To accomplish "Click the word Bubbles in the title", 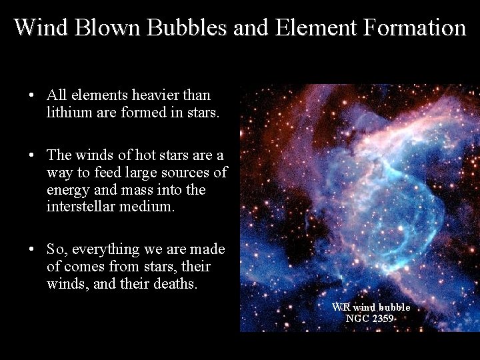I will [x=175, y=27].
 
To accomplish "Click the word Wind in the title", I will [x=41, y=27].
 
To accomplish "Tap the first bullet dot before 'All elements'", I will [x=32, y=95].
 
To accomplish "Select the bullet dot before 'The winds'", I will [x=32, y=155].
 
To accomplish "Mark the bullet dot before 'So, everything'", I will [x=32, y=250].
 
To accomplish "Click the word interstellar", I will [x=85, y=207].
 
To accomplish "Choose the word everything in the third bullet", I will [x=104, y=249].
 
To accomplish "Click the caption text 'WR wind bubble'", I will [x=371, y=307].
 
